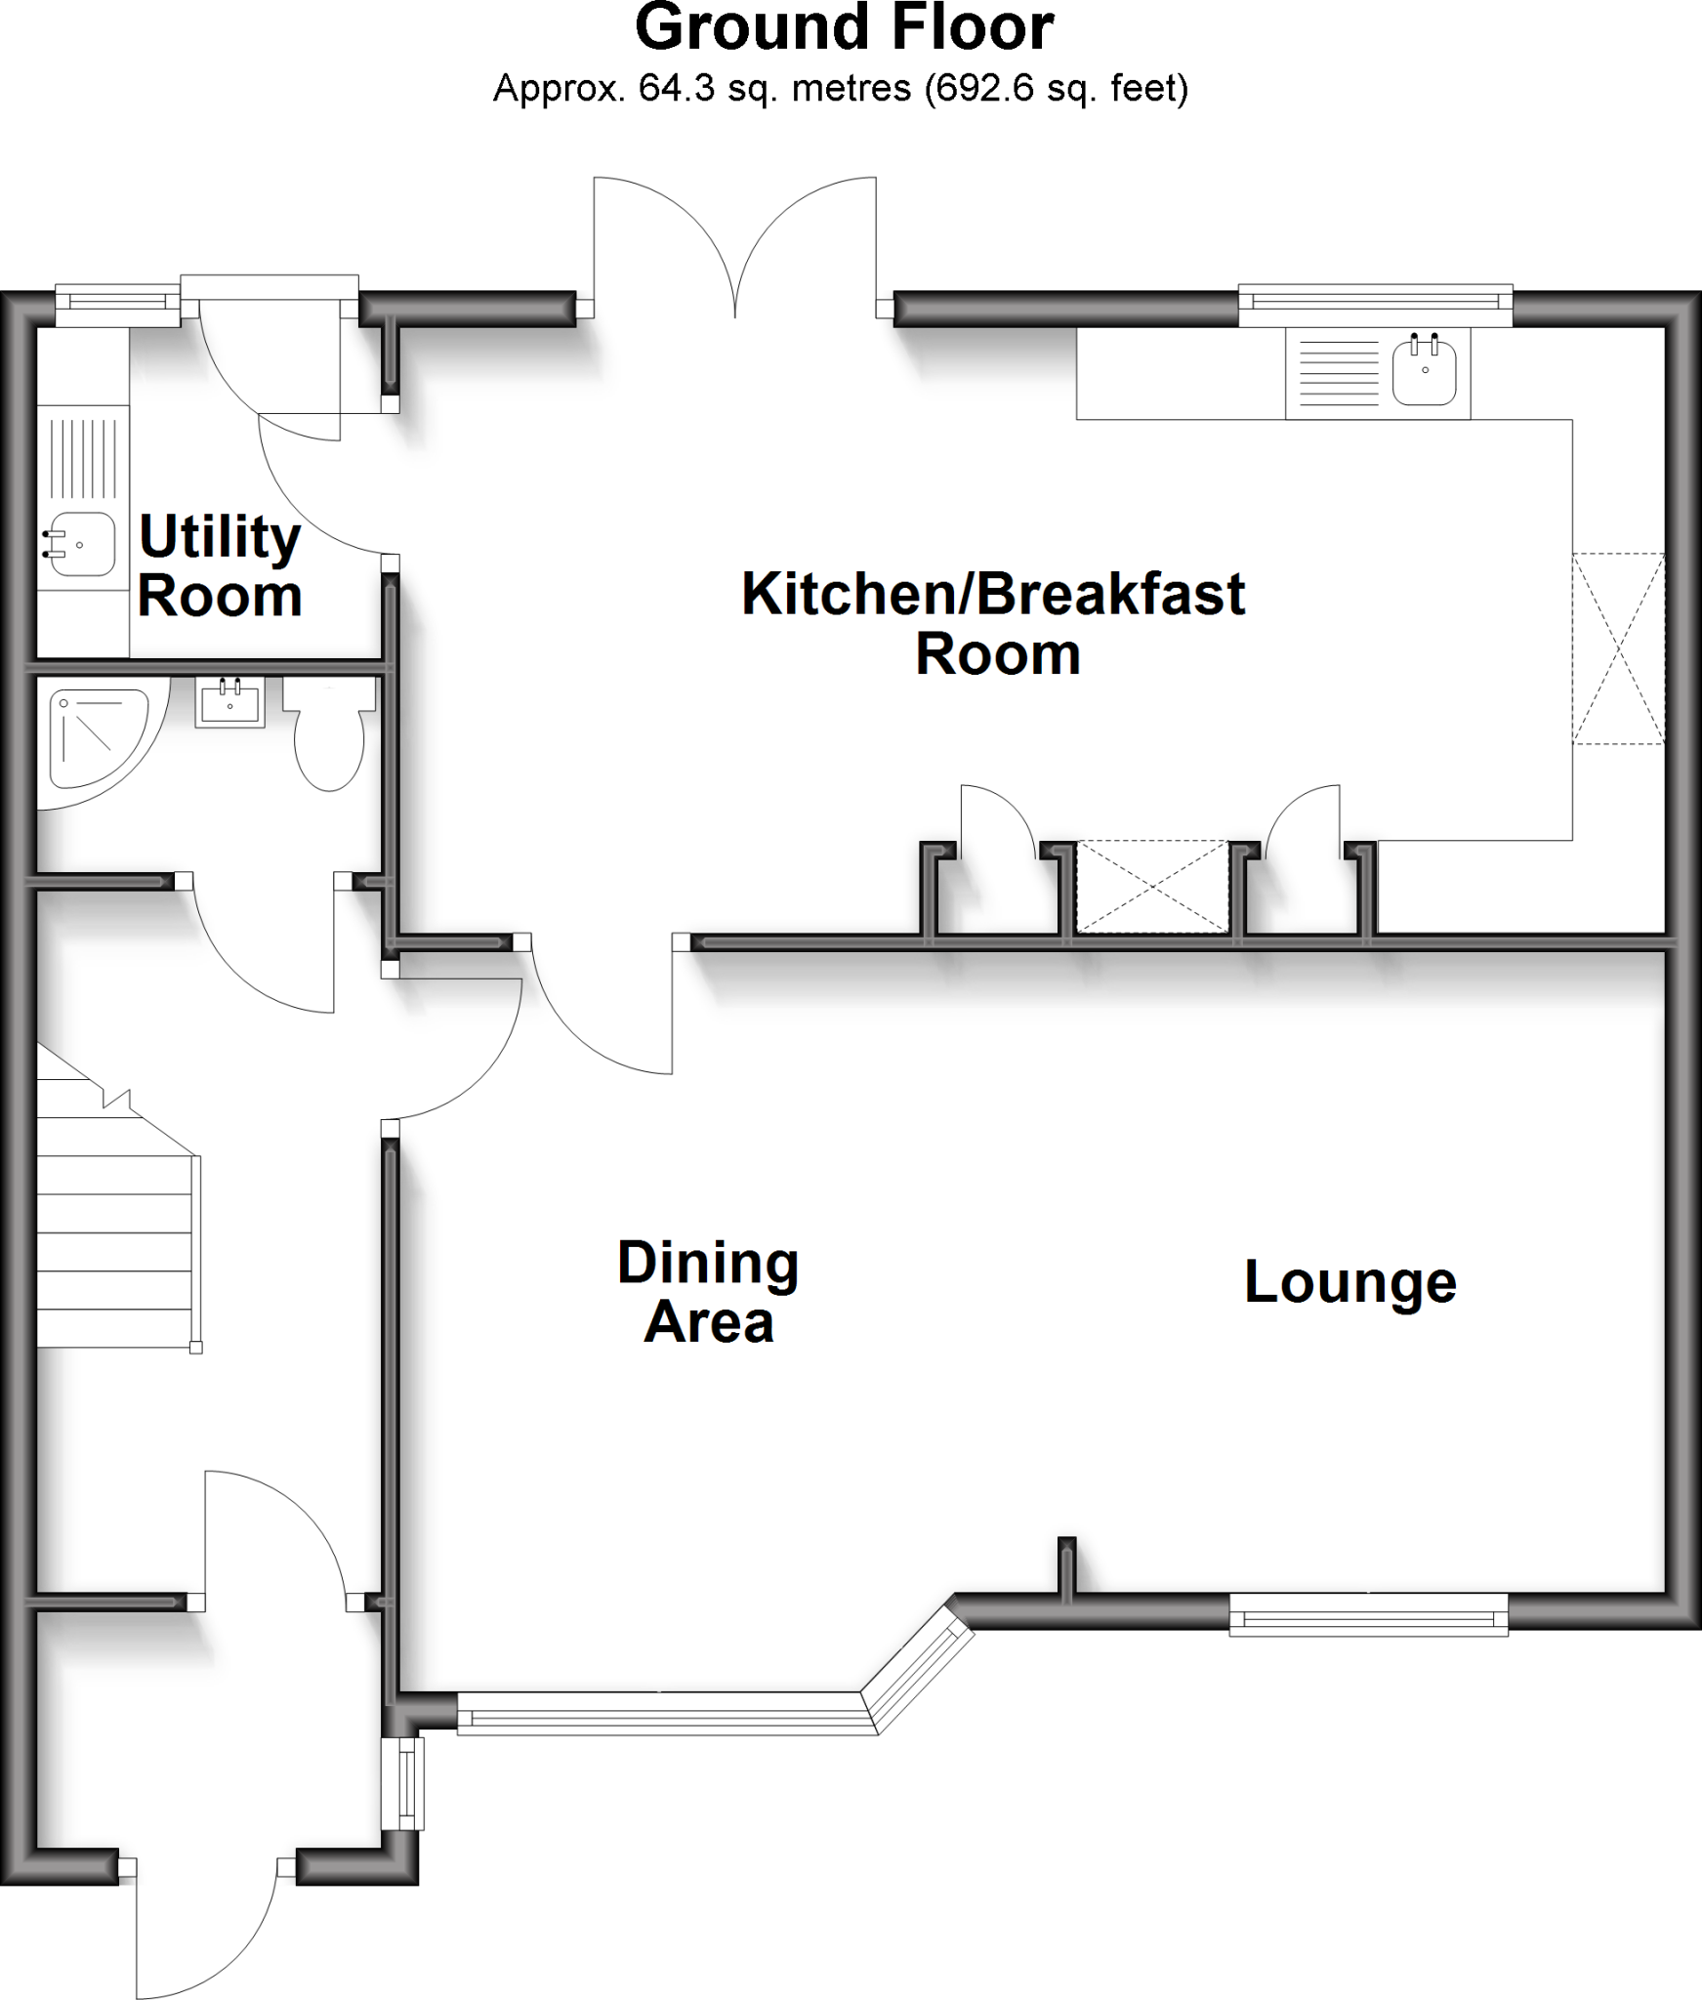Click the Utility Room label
(219, 565)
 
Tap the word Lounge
(1349, 1282)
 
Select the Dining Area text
(708, 1293)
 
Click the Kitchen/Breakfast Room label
(993, 623)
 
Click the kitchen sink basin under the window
(1425, 370)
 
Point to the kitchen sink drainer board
(1335, 372)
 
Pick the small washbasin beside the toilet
(230, 701)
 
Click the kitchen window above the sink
(1375, 305)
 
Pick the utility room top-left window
(117, 306)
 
